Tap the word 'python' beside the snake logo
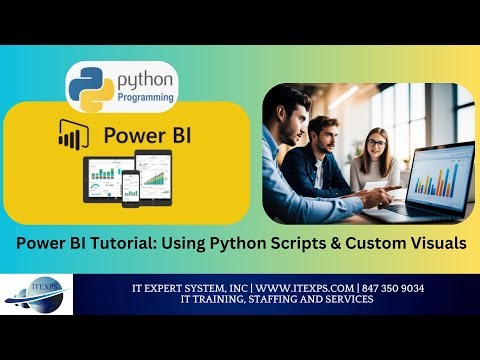145,78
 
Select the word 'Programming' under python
146,97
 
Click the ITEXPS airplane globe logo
41,297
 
